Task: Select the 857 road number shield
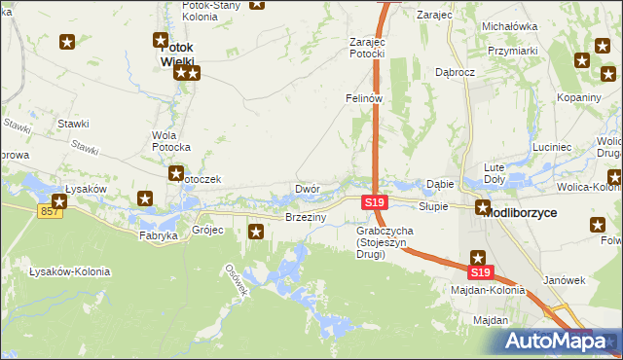[x=52, y=212]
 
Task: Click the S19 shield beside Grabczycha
[x=375, y=202]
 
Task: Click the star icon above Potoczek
[x=176, y=174]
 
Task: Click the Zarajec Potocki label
[x=368, y=49]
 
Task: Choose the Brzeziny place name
[x=305, y=217]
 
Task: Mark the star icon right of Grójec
[x=256, y=232]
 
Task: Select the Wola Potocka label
[x=170, y=141]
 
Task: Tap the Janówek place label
[x=562, y=279]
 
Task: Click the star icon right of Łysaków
[x=146, y=199]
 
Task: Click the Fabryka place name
[x=158, y=235]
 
